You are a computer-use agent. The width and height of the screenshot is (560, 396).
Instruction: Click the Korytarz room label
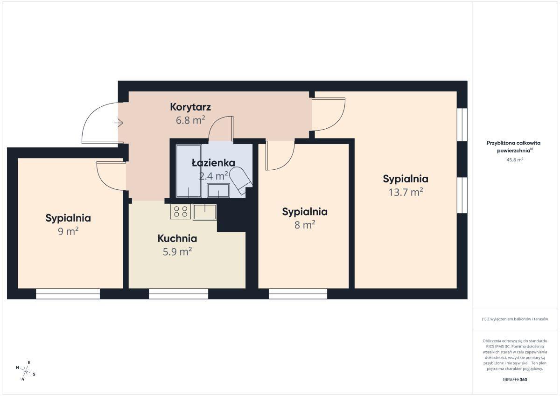point(190,107)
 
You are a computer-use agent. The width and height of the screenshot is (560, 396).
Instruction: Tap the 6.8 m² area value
point(190,120)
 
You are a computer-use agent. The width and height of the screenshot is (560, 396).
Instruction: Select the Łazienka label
point(213,163)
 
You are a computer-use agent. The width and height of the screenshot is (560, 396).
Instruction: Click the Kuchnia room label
point(177,238)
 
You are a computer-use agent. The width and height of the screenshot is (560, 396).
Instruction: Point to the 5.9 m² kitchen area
point(177,251)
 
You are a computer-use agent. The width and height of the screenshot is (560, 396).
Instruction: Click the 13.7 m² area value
point(406,192)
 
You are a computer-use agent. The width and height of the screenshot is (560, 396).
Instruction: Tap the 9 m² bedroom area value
point(68,231)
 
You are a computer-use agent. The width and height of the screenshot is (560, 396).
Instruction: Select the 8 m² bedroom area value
point(304,225)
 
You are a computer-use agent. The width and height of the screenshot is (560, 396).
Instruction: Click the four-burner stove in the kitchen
point(181,212)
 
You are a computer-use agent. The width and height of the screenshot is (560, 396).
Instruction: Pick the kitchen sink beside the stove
point(204,212)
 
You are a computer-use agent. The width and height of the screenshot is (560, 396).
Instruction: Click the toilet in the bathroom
point(240,181)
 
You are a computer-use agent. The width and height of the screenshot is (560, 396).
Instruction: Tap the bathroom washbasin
point(218,190)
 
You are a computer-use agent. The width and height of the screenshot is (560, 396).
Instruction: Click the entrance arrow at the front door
point(118,123)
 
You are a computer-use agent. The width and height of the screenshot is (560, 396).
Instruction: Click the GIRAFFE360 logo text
point(515,380)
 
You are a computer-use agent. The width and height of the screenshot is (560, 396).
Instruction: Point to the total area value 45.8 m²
point(515,160)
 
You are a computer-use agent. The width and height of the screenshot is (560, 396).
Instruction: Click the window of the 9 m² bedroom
point(68,293)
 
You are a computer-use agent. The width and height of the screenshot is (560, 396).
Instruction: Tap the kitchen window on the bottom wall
point(178,293)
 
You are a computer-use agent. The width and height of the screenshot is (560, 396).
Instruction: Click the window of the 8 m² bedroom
point(298,293)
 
